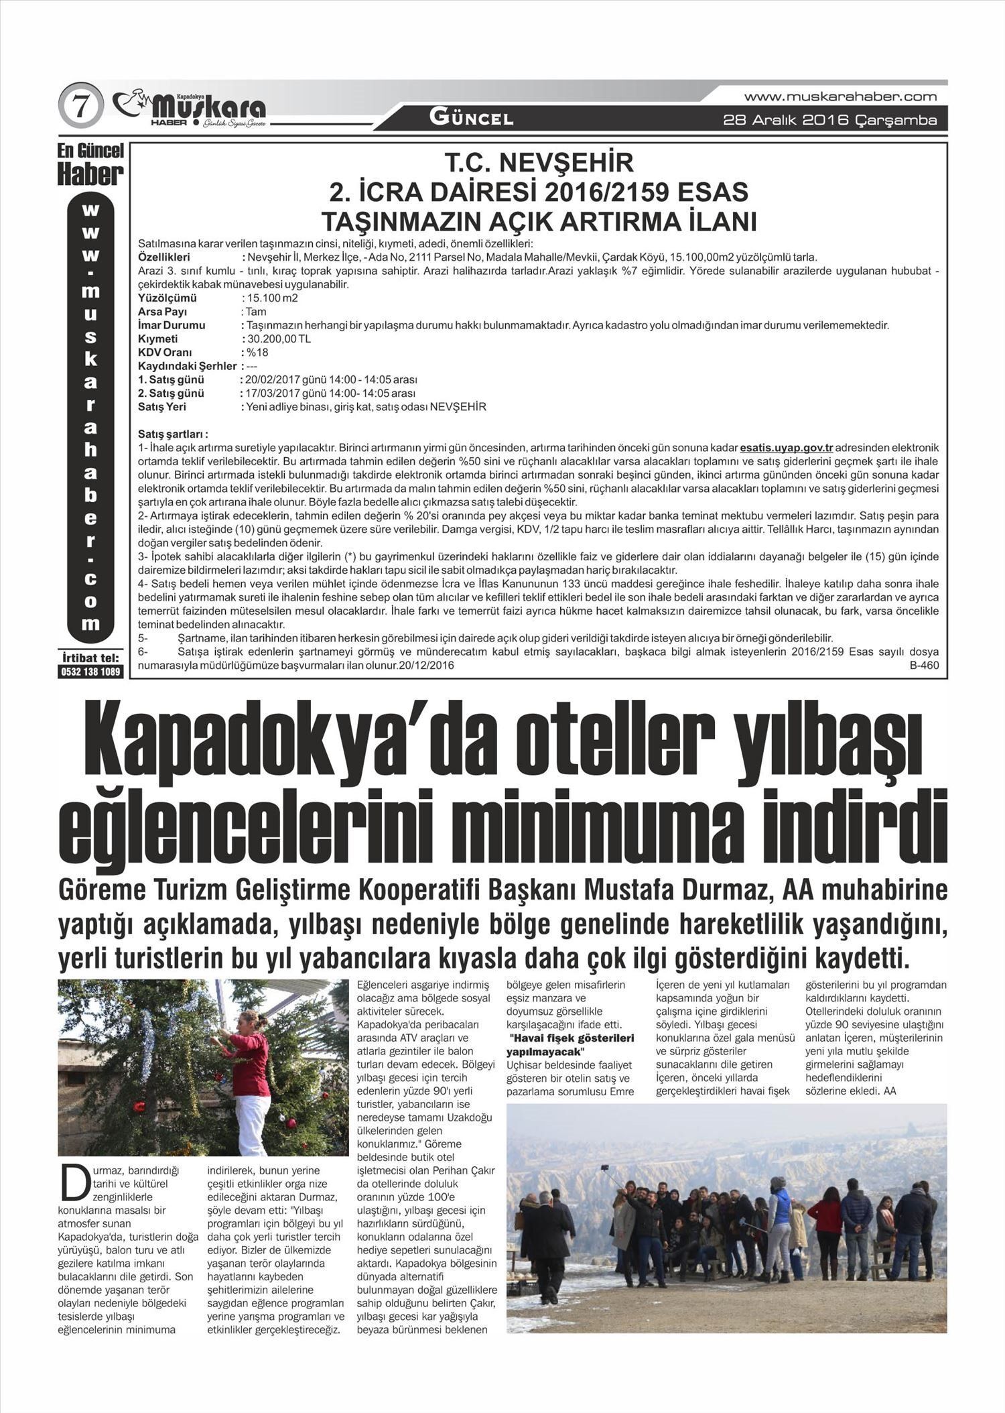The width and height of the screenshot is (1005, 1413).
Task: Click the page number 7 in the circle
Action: tap(80, 108)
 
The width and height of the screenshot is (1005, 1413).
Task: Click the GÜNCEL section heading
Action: tap(471, 119)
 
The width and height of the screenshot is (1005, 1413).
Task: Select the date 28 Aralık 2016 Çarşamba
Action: tap(829, 121)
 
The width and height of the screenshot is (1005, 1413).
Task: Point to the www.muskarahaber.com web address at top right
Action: tap(840, 97)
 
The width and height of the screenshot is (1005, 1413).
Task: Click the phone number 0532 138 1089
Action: tap(90, 672)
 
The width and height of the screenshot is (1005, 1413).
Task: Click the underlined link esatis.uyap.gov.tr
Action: tap(786, 447)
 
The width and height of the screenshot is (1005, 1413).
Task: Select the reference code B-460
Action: tap(924, 666)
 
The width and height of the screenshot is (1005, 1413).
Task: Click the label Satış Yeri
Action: tap(162, 407)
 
